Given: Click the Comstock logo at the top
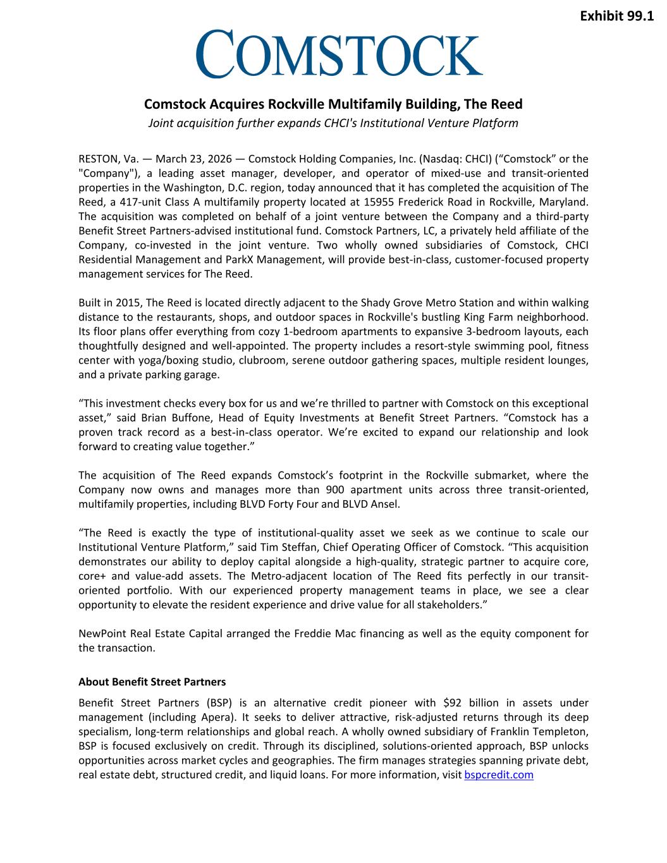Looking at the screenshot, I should (x=339, y=54).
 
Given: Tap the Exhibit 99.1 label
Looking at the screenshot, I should (x=616, y=16).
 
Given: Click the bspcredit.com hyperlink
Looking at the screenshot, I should (x=499, y=774).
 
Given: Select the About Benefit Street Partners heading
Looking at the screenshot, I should (x=152, y=682).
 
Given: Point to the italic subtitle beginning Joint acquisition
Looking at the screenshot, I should (x=333, y=123).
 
